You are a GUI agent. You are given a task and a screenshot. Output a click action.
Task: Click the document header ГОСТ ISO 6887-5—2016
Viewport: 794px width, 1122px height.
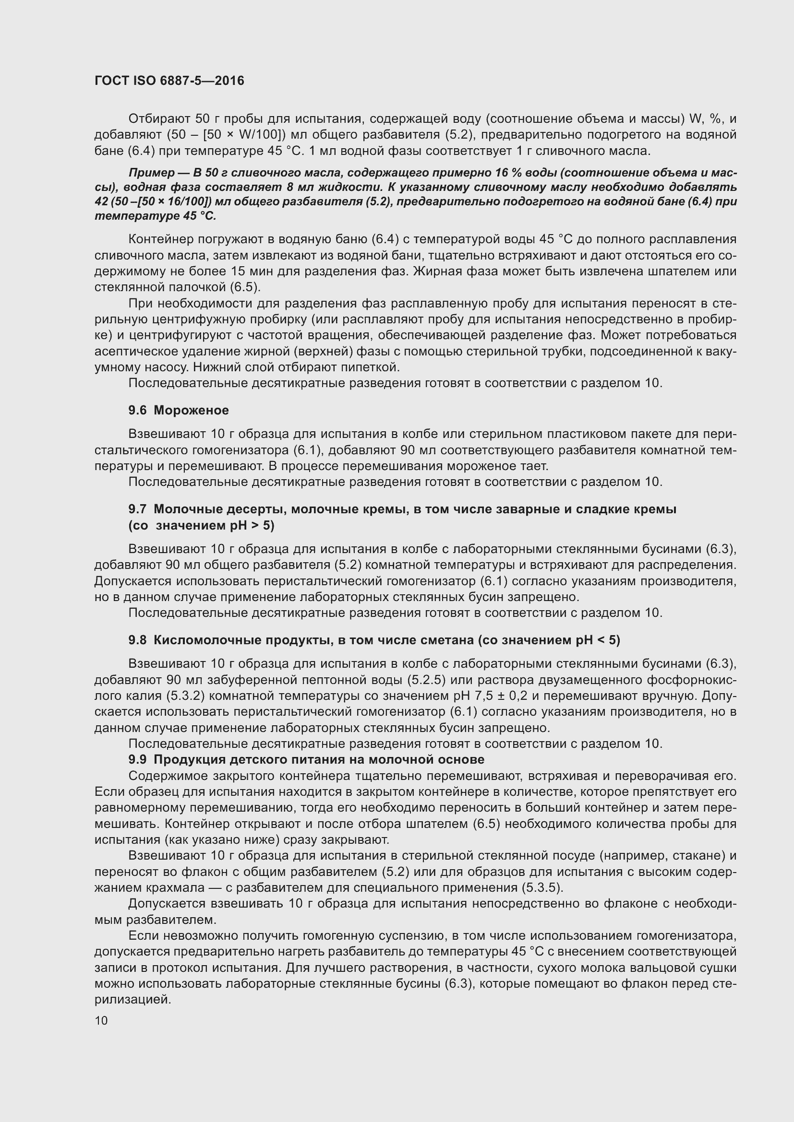(x=169, y=81)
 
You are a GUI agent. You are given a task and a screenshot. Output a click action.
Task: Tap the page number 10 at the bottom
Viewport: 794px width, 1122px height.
(x=101, y=1021)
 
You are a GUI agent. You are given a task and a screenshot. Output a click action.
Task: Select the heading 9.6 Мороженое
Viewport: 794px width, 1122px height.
(x=179, y=410)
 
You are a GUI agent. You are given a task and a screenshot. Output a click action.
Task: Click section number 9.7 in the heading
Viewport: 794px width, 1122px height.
(x=137, y=509)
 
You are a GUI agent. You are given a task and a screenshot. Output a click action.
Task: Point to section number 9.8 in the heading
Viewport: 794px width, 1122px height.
(x=137, y=640)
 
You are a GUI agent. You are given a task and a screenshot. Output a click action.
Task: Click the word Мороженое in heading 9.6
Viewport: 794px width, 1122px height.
(x=191, y=410)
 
